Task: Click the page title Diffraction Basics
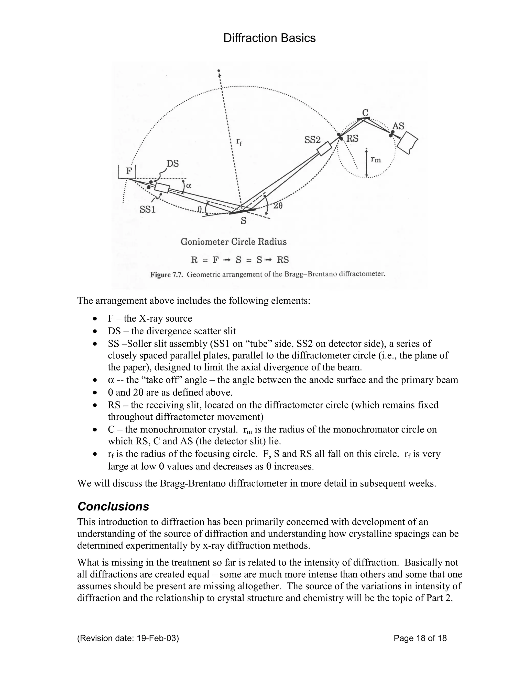tap(269, 38)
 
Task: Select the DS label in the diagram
tap(173, 163)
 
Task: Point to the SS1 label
tap(147, 210)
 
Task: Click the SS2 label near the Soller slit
tap(312, 140)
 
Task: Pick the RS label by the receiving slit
tap(352, 139)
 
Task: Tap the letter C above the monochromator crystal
tap(365, 112)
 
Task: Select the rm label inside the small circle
tap(376, 159)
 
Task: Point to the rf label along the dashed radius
tap(239, 142)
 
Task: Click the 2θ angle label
tap(278, 205)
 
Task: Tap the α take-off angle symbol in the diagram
tap(188, 186)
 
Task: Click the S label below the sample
tap(244, 221)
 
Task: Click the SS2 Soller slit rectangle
tap(324, 149)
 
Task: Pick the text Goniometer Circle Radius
tap(233, 242)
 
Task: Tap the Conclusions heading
tap(113, 507)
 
